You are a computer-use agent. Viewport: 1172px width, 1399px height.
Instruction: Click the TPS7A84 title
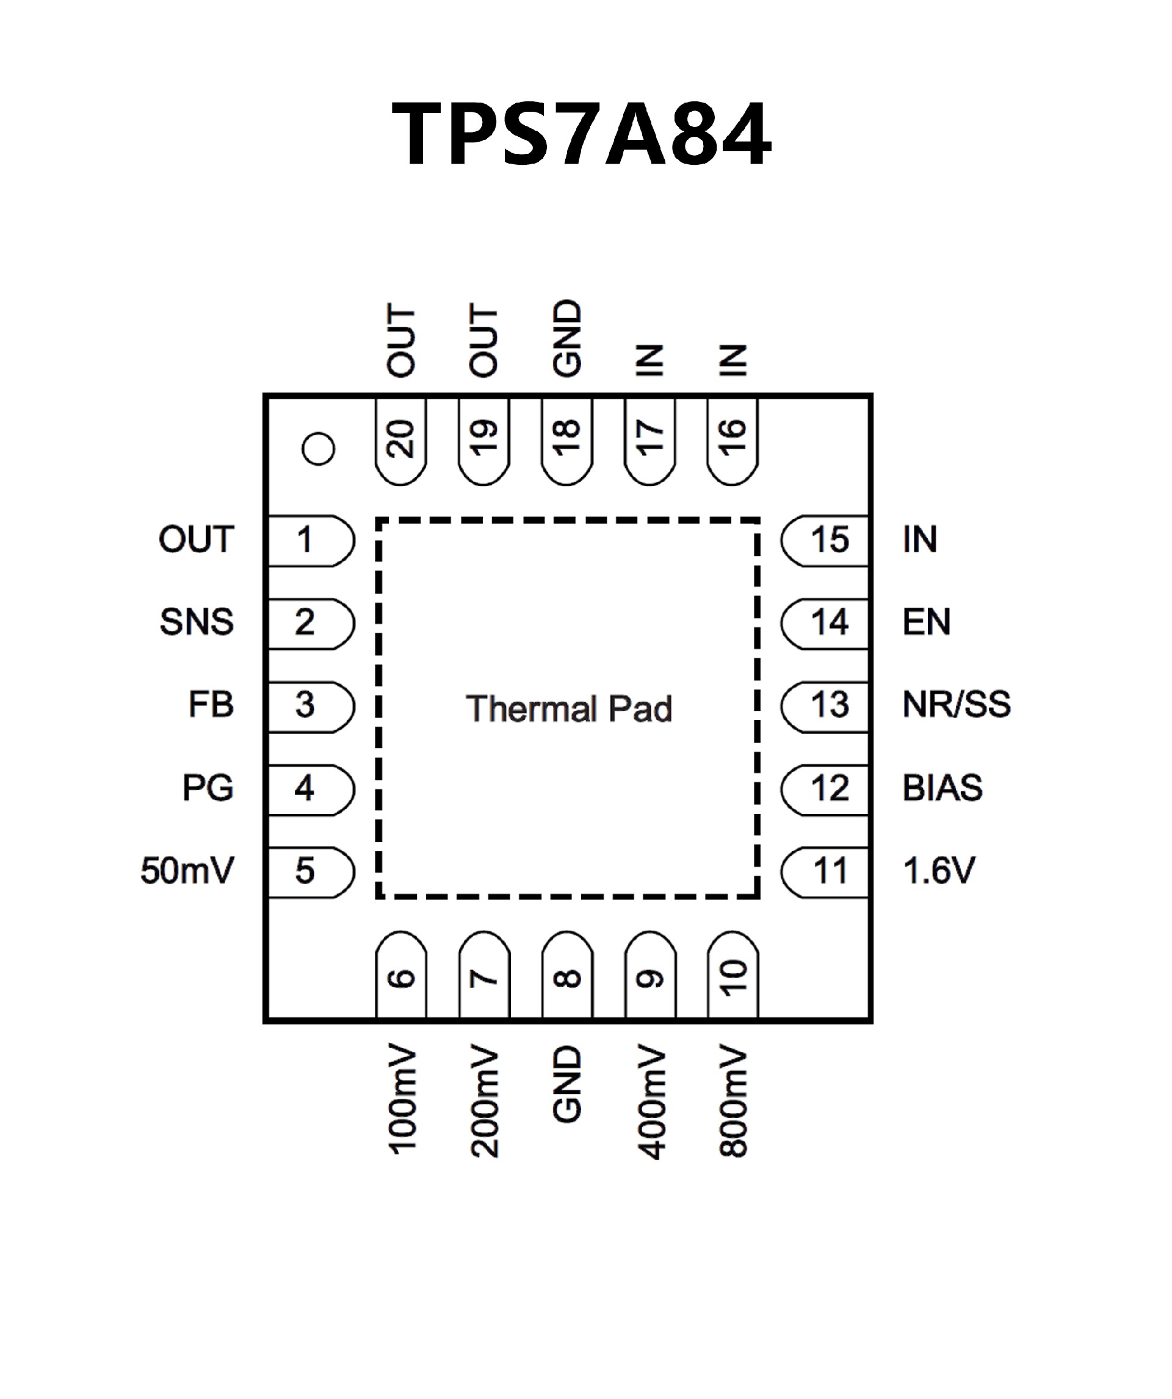click(x=581, y=133)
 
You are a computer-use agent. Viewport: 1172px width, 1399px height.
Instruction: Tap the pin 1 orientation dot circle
click(x=317, y=449)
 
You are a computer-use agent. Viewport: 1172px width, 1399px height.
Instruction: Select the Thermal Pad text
click(x=569, y=708)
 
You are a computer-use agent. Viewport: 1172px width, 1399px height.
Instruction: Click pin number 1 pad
click(x=309, y=540)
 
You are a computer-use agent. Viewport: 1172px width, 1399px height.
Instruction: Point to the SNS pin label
click(x=197, y=622)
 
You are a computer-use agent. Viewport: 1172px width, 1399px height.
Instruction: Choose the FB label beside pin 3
click(x=211, y=705)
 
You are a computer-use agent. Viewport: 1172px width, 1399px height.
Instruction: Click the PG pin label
click(x=208, y=788)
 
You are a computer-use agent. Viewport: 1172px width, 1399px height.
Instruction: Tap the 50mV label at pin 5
click(x=187, y=871)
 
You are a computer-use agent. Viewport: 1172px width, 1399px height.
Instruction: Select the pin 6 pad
click(x=401, y=976)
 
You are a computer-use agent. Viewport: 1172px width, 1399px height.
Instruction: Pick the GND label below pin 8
click(x=567, y=1084)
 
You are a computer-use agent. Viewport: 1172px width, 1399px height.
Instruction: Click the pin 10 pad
click(x=733, y=976)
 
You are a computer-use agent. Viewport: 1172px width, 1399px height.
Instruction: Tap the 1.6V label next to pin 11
click(x=939, y=871)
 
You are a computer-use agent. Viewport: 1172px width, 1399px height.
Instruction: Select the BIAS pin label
click(x=942, y=788)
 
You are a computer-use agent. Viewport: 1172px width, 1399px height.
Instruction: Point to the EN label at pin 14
click(x=926, y=622)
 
